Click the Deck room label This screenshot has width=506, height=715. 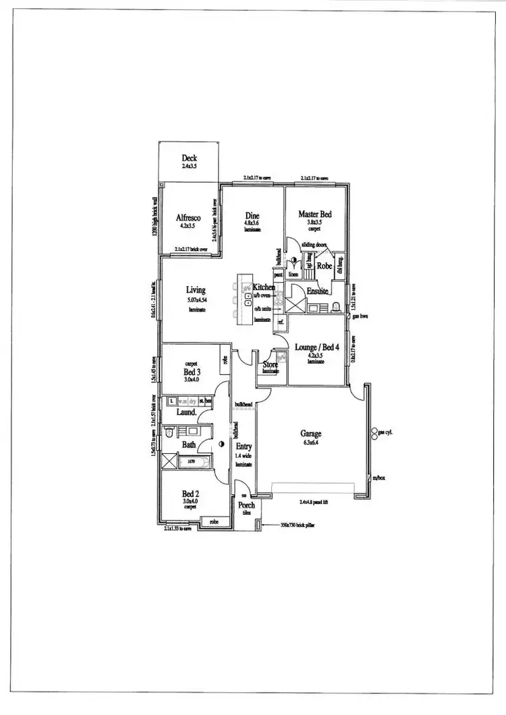pyautogui.click(x=188, y=158)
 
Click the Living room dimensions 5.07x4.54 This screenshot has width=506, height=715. pyautogui.click(x=196, y=300)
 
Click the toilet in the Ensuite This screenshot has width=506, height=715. pyautogui.click(x=336, y=308)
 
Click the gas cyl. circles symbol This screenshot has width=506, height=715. pyautogui.click(x=374, y=432)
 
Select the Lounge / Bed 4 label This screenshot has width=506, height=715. pyautogui.click(x=316, y=347)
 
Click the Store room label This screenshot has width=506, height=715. pyautogui.click(x=271, y=365)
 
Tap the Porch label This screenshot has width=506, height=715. pyautogui.click(x=246, y=505)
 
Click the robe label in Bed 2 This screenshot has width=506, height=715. pyautogui.click(x=213, y=521)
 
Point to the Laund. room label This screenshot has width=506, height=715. pyautogui.click(x=186, y=412)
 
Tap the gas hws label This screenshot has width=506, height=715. pyautogui.click(x=360, y=316)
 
